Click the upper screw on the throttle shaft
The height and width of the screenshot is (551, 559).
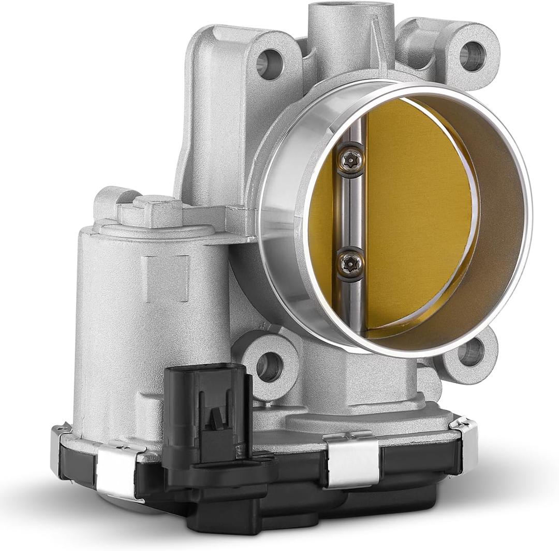coord(350,159)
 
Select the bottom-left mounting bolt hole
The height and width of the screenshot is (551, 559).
coord(269,366)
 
